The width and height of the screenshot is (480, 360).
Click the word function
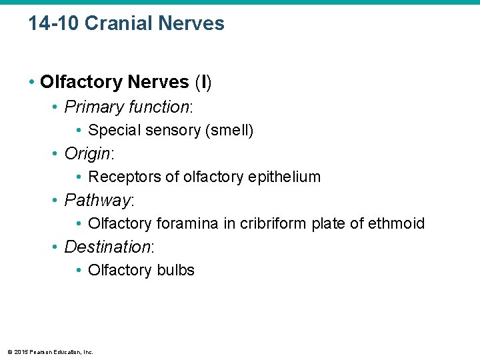pos(157,107)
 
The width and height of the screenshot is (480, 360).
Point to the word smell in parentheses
pos(229,131)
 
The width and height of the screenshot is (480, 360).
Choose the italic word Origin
pos(87,154)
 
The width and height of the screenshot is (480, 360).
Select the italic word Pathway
pos(97,201)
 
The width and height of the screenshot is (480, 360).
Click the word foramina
pos(187,223)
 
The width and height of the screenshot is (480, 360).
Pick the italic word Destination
pos(107,247)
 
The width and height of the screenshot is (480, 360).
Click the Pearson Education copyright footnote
pos(50,352)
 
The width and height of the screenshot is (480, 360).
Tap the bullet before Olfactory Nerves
pos(31,83)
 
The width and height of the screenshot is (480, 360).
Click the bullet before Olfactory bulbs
pos(79,270)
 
